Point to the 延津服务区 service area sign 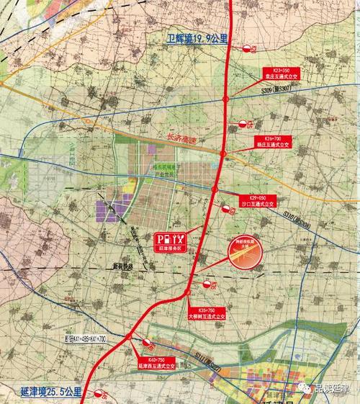pyautogui.click(x=172, y=241)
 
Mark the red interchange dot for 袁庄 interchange pyautogui.click(x=226, y=99)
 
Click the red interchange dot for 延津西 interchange pyautogui.click(x=128, y=336)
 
